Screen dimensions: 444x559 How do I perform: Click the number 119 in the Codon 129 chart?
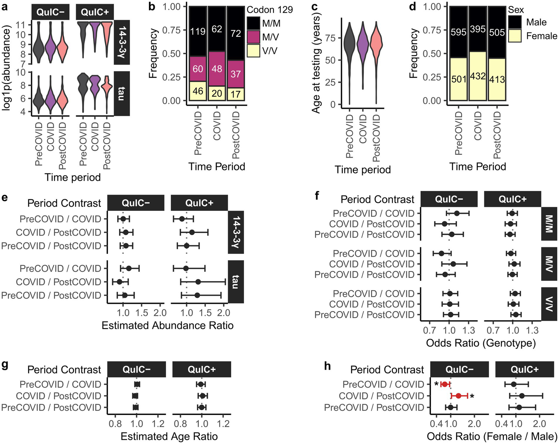tap(198, 31)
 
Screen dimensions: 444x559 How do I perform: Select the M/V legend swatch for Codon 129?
tap(253, 37)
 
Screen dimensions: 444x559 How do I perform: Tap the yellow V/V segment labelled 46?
tap(198, 91)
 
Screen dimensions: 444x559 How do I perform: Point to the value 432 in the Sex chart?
tap(478, 76)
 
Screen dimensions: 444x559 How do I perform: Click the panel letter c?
tap(314, 6)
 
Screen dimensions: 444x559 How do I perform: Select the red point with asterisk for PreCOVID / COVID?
tap(444, 384)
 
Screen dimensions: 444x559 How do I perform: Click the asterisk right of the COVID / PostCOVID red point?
tap(472, 396)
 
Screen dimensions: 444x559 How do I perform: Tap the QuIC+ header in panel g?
tap(201, 370)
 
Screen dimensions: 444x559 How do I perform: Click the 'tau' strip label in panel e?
tap(236, 282)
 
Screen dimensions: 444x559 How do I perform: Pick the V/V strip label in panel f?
tap(549, 304)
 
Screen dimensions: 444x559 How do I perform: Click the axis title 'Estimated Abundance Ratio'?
tap(168, 325)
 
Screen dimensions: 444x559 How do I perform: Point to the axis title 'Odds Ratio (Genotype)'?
tap(481, 343)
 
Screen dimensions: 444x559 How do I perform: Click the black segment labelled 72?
tap(236, 34)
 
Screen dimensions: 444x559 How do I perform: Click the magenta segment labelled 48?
tap(217, 69)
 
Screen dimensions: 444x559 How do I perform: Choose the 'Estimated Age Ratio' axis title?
tap(169, 436)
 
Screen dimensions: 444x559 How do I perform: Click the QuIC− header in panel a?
tap(51, 12)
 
